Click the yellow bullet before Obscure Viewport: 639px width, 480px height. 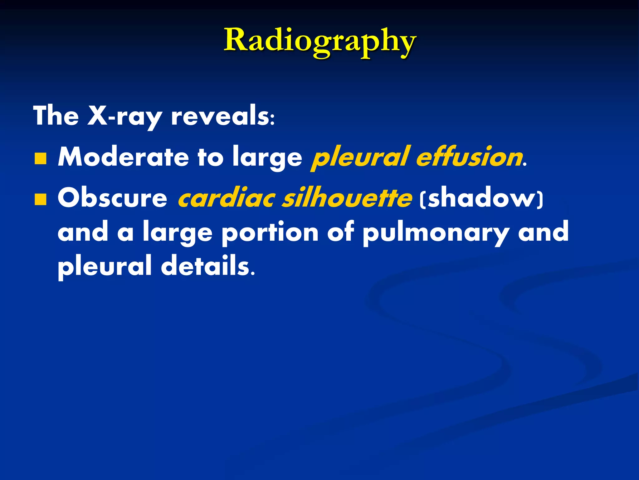41,199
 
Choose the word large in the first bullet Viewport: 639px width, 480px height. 267,158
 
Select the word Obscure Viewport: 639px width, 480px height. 112,198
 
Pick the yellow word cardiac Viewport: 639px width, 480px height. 226,198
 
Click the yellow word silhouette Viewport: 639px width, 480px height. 347,198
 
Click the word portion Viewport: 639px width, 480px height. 270,233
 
